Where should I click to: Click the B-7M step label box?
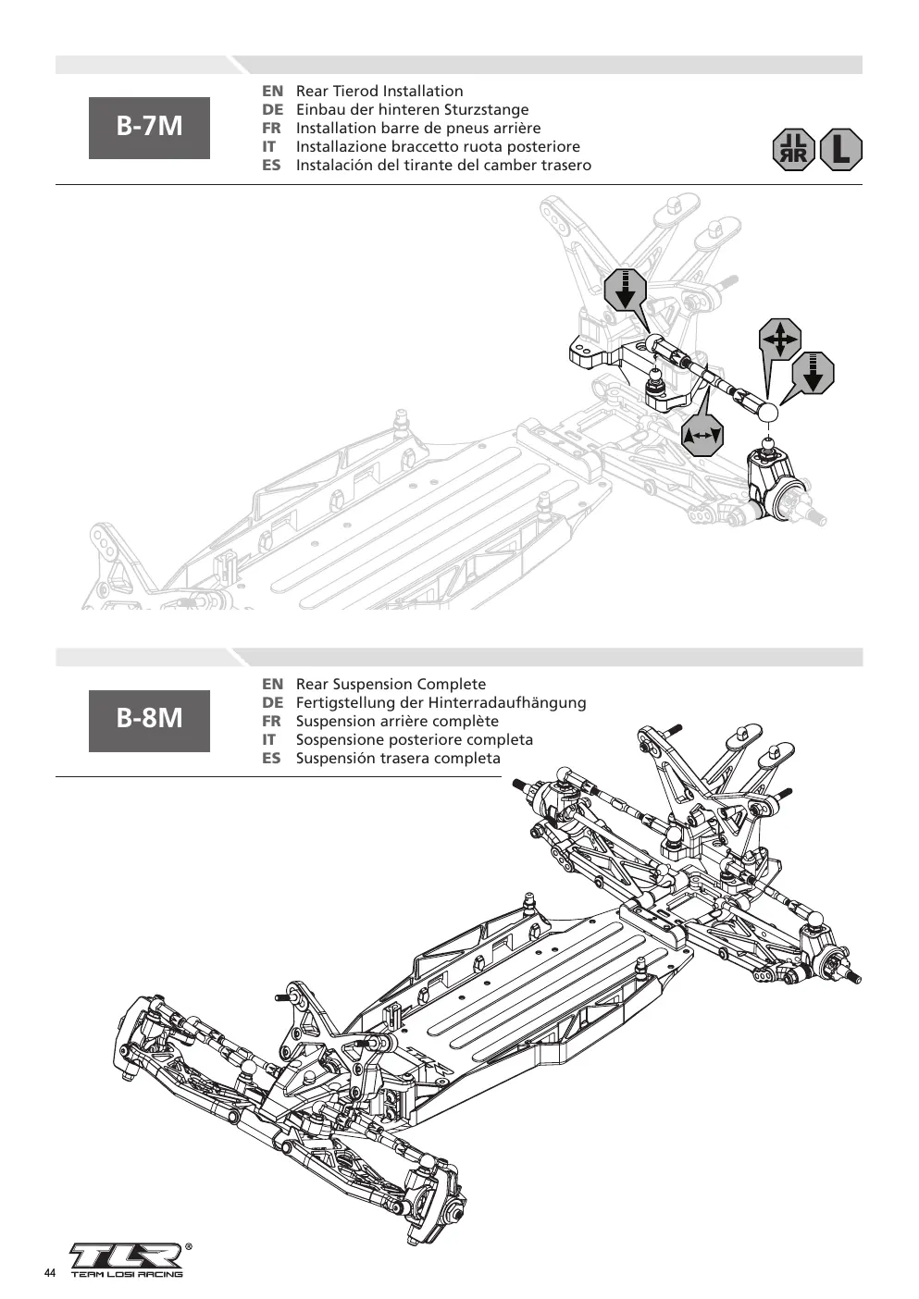point(149,128)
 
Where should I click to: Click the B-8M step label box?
point(149,721)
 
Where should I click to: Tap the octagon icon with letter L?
point(841,150)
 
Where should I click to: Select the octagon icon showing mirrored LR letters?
point(794,150)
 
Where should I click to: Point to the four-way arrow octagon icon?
point(780,339)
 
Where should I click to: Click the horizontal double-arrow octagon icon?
point(702,436)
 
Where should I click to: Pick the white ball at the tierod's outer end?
point(768,413)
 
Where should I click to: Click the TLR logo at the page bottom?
point(128,1256)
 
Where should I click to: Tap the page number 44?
point(50,1272)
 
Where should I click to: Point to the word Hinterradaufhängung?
point(507,703)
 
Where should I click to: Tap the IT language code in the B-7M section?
point(269,147)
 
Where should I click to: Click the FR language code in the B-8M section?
point(271,722)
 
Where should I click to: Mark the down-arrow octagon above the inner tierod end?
point(625,290)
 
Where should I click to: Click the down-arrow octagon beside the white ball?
point(813,373)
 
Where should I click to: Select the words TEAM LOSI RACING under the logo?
point(127,1275)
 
